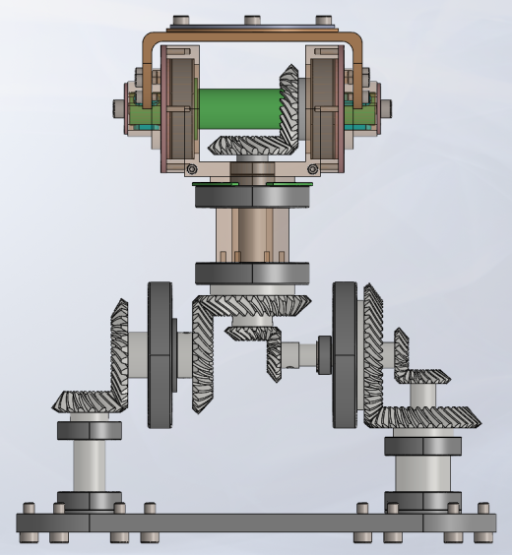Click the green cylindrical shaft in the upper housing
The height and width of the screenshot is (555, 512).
click(x=237, y=106)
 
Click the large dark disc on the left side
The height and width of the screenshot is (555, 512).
click(x=160, y=354)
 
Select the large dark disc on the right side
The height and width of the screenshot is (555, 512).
click(x=346, y=354)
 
